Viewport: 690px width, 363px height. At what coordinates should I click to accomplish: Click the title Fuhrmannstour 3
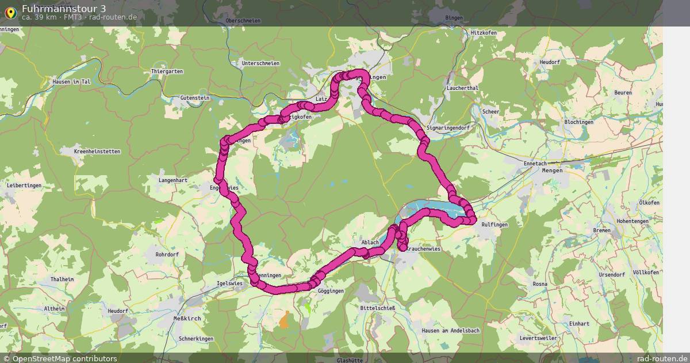pyautogui.click(x=63, y=8)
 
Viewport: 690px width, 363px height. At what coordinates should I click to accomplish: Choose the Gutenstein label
pyautogui.click(x=195, y=98)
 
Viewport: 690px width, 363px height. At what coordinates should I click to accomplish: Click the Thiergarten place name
pyautogui.click(x=167, y=71)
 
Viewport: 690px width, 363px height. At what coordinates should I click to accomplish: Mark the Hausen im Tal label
pyautogui.click(x=72, y=82)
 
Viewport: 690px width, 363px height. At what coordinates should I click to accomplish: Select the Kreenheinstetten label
pyautogui.click(x=98, y=152)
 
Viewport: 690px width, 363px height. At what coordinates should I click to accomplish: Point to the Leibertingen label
pyautogui.click(x=24, y=185)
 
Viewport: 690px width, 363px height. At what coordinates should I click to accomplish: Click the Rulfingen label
pyautogui.click(x=495, y=225)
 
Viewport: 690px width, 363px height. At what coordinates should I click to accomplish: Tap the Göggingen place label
pyautogui.click(x=331, y=291)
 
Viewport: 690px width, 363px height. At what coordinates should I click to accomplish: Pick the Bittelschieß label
pyautogui.click(x=377, y=308)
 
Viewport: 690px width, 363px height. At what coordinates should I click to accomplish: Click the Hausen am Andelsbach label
pyautogui.click(x=450, y=330)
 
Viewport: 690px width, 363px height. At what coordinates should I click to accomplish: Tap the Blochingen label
pyautogui.click(x=578, y=122)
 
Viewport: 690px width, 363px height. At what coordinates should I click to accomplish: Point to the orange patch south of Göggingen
pyautogui.click(x=284, y=320)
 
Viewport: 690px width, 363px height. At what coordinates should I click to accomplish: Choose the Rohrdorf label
pyautogui.click(x=168, y=254)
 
